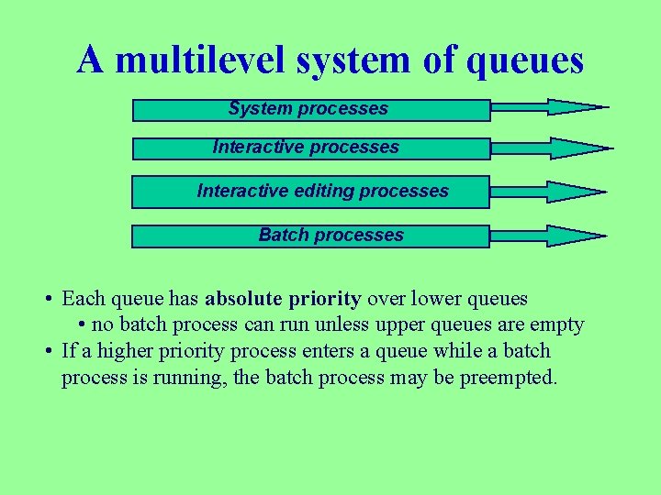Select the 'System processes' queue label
(x=308, y=108)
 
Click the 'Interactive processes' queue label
(x=306, y=147)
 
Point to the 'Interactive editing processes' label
(x=323, y=191)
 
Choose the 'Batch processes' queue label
(x=330, y=235)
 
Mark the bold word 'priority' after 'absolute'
(x=324, y=299)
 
